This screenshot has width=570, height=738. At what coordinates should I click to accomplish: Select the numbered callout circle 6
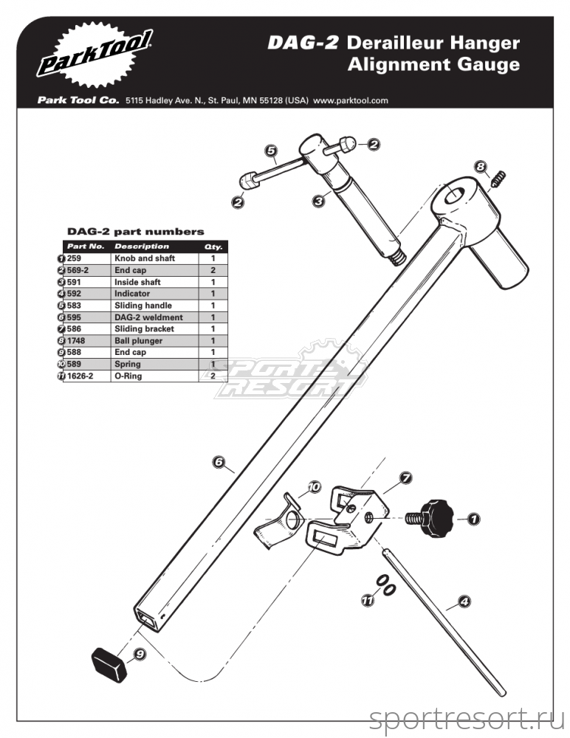click(x=219, y=463)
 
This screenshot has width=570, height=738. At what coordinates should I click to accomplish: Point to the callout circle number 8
click(x=481, y=168)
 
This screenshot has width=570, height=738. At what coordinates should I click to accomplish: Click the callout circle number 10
click(x=314, y=487)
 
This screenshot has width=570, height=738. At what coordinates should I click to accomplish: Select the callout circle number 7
click(x=404, y=478)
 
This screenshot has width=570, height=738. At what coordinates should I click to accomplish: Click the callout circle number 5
click(x=271, y=151)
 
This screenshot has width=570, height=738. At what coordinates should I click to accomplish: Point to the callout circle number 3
click(x=318, y=200)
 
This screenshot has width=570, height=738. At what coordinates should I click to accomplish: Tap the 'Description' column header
click(x=142, y=246)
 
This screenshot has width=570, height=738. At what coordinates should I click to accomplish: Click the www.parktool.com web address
click(x=351, y=101)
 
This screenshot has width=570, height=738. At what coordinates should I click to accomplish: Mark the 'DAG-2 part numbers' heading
click(x=136, y=232)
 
